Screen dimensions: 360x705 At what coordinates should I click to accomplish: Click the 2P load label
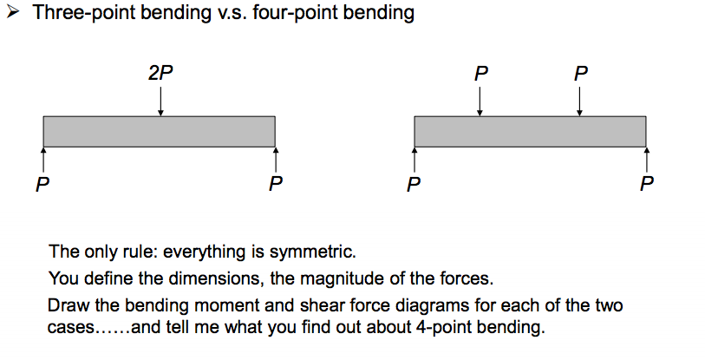160,74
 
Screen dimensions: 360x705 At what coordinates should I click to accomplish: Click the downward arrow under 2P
160,101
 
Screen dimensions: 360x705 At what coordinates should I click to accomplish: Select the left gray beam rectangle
159,131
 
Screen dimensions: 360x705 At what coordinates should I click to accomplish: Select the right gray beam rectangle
530,131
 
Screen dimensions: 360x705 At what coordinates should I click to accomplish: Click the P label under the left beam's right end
275,184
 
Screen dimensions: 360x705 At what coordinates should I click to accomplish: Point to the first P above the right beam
480,74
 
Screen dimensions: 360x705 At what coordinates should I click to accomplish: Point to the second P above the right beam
579,74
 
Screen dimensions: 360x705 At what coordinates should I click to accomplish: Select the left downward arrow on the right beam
480,101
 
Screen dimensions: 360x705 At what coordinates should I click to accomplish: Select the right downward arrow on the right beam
579,101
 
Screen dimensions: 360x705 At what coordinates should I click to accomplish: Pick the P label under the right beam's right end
646,184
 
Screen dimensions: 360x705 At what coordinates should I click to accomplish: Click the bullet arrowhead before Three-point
14,15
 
